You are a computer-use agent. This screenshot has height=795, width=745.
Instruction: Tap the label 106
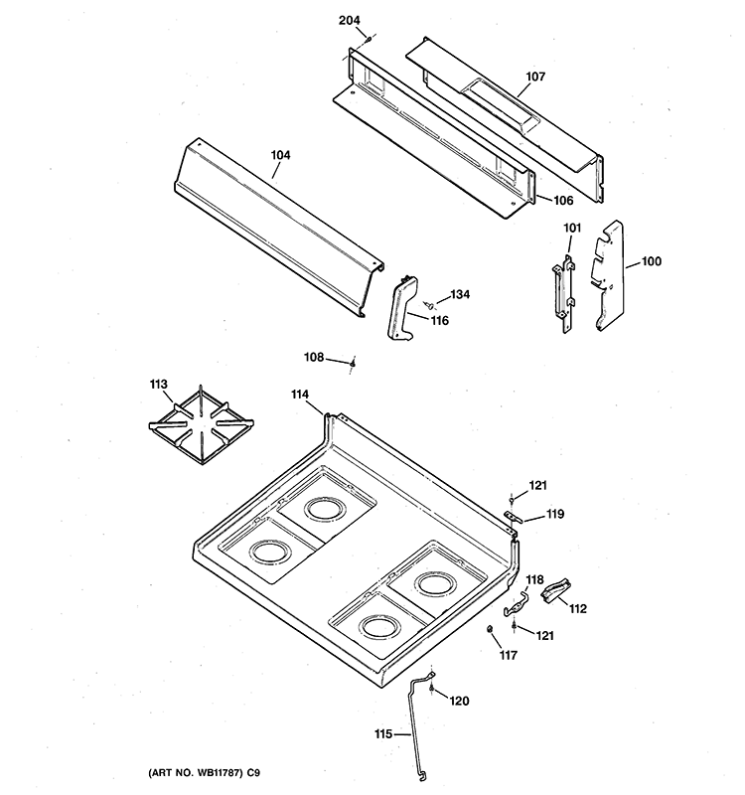pos(551,198)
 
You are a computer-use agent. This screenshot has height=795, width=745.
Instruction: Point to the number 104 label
pos(281,155)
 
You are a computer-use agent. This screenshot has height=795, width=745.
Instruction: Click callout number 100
pos(651,261)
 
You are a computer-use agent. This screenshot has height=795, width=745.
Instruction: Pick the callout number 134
pos(459,294)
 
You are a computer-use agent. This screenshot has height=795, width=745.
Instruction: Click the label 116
pos(439,320)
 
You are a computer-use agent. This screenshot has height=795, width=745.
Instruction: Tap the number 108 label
pos(314,357)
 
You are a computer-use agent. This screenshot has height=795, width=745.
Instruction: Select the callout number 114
pos(300,395)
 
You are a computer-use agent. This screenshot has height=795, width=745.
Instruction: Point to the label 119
pos(554,515)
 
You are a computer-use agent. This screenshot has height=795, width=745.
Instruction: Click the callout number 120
pos(458,701)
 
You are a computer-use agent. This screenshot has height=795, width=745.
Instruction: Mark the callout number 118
pos(534,579)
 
